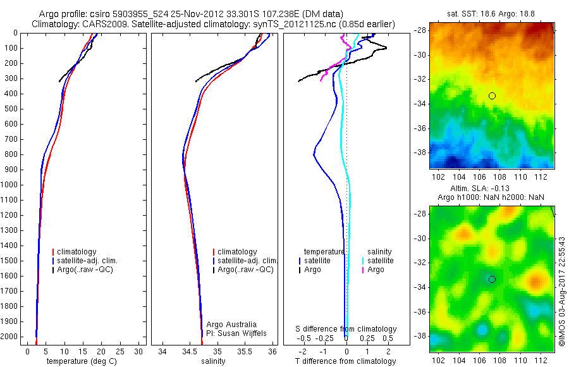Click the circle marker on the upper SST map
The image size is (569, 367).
(492, 96)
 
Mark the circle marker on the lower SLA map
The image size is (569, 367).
(492, 279)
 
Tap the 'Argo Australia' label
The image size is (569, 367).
(231, 324)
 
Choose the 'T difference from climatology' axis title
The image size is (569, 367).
(345, 361)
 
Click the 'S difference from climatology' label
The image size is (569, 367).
(346, 329)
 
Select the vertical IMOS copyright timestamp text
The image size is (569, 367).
(562, 292)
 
